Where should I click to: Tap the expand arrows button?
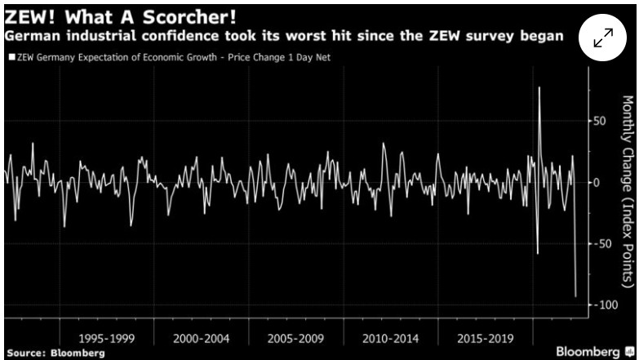tap(603, 38)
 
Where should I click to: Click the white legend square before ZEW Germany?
tap(11, 58)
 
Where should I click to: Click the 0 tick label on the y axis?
tap(596, 182)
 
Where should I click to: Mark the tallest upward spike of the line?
tap(539, 87)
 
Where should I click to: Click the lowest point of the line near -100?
tap(575, 296)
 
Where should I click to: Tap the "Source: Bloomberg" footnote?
tap(55, 353)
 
